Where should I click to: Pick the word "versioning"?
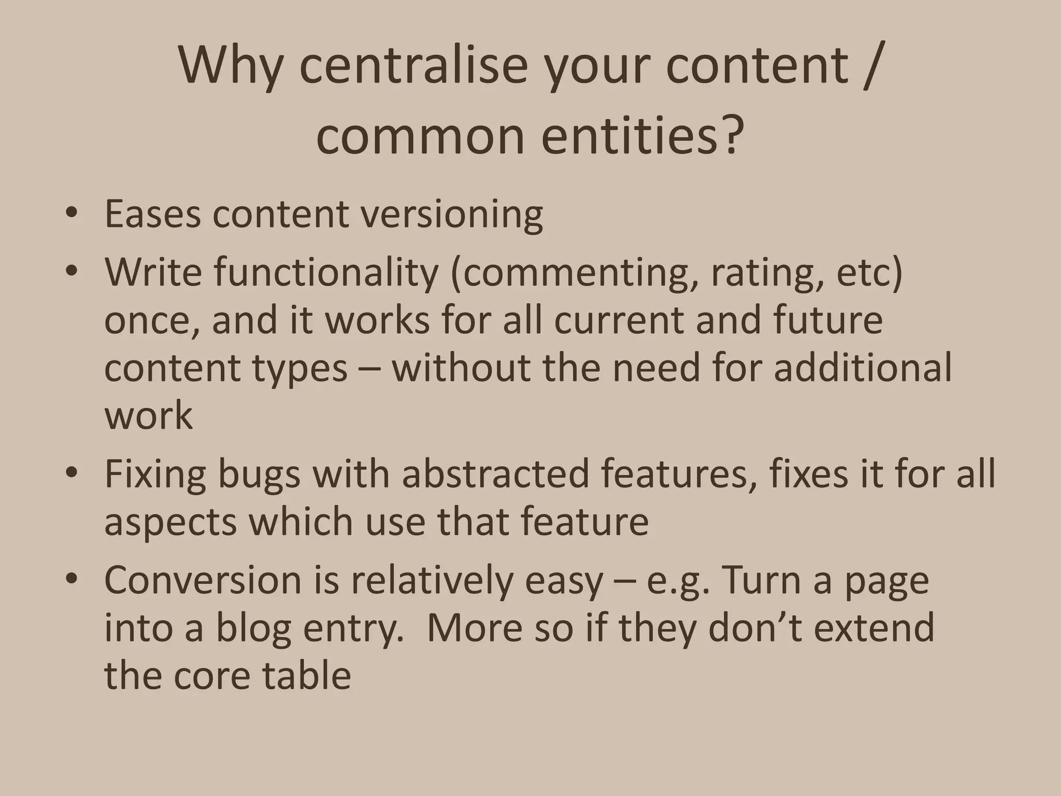coord(452,214)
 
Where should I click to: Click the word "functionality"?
coord(326,272)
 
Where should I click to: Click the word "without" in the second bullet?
coord(462,367)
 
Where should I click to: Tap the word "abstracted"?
coord(496,474)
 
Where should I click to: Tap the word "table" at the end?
coord(307,675)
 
